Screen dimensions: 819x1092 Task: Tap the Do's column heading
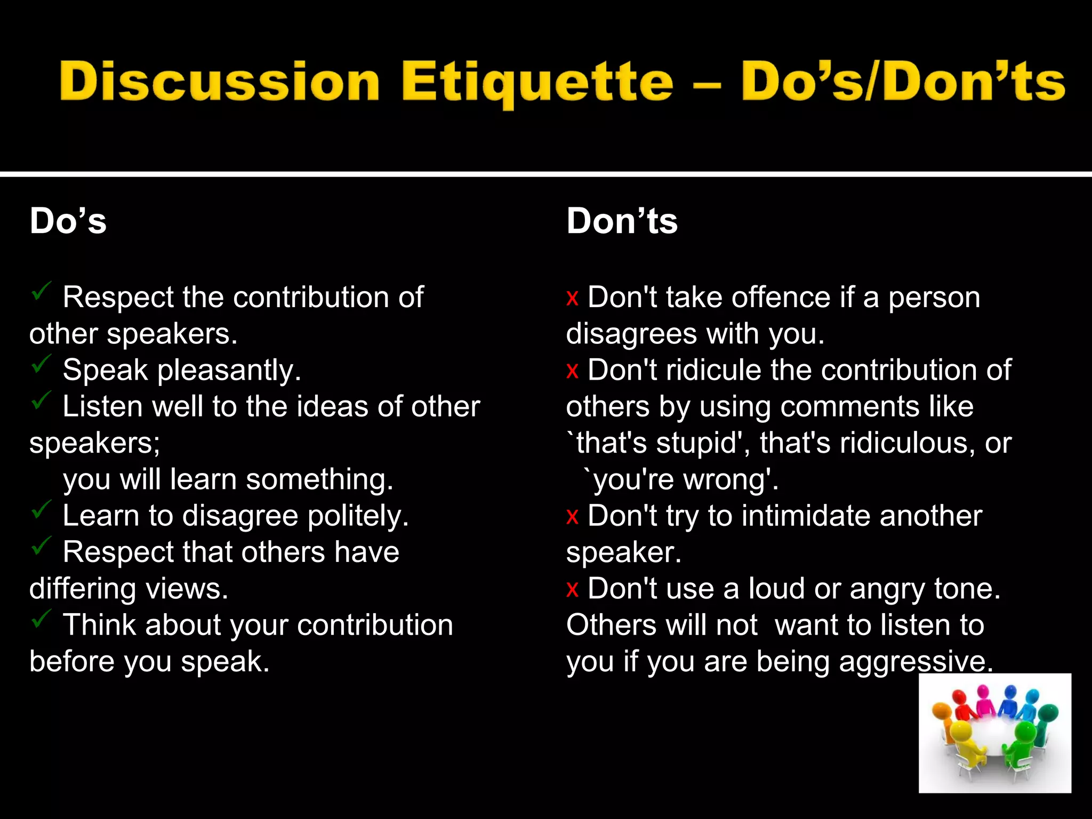pos(68,221)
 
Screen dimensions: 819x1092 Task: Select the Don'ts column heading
pos(622,221)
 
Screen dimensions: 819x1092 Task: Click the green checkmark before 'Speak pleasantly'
pos(41,364)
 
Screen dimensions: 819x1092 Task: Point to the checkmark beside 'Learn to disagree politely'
pos(41,510)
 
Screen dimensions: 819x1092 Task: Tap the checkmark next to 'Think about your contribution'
pos(41,619)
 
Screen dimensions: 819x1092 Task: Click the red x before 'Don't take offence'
pos(572,298)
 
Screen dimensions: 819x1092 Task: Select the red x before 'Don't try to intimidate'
pos(572,517)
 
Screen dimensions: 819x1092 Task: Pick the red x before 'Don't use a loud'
pos(572,590)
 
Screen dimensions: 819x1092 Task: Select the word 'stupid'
pos(702,443)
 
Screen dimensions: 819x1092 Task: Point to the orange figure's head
pos(941,710)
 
